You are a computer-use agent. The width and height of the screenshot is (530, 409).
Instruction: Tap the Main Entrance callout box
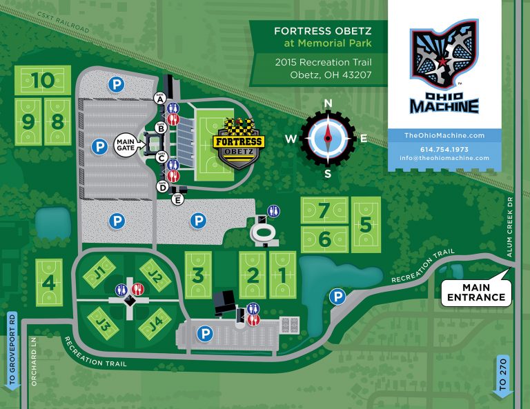point(475,292)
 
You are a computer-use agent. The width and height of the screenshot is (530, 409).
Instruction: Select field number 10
point(43,80)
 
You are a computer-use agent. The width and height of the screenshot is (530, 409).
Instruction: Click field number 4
point(48,282)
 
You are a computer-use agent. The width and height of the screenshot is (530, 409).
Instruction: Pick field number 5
point(366,225)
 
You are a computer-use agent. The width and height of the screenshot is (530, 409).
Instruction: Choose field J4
point(157,322)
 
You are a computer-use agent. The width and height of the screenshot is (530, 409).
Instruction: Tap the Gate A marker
point(160,99)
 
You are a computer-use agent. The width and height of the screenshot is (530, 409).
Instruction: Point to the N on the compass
point(328,105)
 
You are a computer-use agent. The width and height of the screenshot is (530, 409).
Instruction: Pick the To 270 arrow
point(502,376)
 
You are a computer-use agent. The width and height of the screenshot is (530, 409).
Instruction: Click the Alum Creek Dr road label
point(511,228)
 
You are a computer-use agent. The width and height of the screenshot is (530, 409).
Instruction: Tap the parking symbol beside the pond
point(337,297)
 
